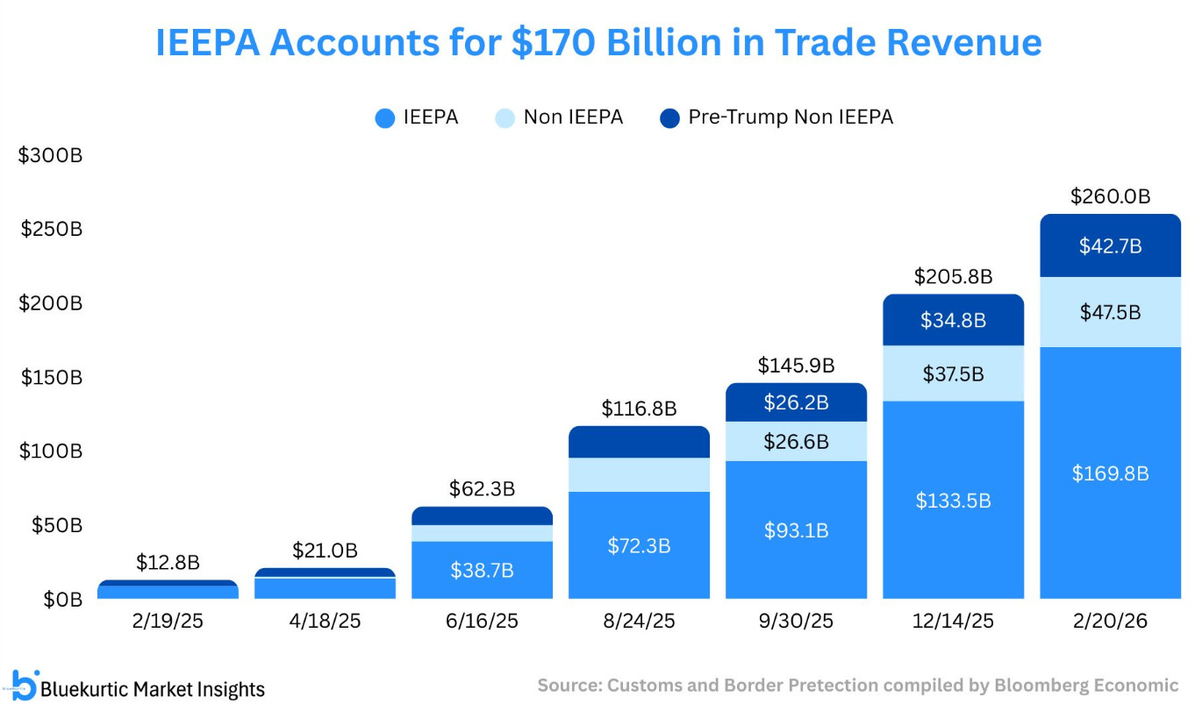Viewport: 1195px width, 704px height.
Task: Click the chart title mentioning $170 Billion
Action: (x=598, y=43)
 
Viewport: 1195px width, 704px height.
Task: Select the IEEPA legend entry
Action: (x=417, y=117)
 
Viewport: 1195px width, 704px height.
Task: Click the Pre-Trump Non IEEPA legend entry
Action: (x=776, y=117)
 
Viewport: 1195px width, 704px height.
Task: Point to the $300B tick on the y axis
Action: (x=50, y=155)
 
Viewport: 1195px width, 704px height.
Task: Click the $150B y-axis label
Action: (x=50, y=377)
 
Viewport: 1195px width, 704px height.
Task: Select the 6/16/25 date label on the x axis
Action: (x=483, y=622)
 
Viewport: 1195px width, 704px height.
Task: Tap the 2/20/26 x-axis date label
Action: (x=1111, y=622)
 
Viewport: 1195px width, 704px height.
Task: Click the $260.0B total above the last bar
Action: (x=1110, y=196)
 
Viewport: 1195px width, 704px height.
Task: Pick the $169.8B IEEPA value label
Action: (x=1110, y=473)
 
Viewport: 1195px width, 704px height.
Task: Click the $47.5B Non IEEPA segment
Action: (x=1110, y=312)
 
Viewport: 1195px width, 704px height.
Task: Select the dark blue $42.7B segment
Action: (x=1110, y=246)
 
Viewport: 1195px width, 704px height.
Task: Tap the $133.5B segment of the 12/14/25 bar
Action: (x=953, y=501)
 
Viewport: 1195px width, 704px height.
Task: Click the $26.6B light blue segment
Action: (x=796, y=441)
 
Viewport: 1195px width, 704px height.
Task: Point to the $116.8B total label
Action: (x=639, y=409)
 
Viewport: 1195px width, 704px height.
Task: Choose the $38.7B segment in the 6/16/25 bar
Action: (x=482, y=570)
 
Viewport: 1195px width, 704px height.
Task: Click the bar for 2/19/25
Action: (x=168, y=590)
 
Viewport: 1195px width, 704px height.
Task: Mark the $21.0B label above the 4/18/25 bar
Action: (x=325, y=551)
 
